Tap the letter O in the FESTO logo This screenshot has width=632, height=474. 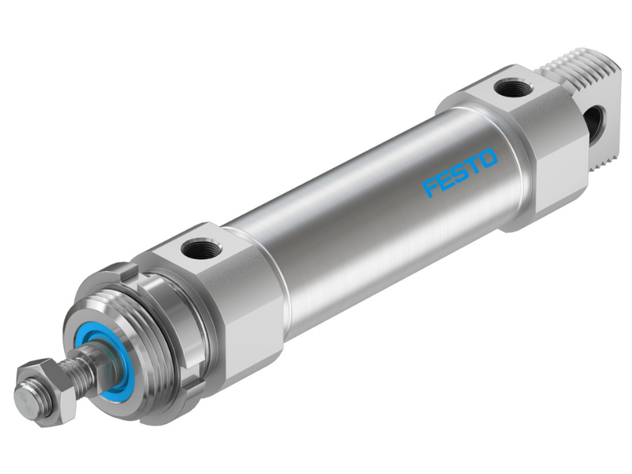487,158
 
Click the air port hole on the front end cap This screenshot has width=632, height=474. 201,249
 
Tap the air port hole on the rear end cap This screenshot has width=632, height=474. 513,88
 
